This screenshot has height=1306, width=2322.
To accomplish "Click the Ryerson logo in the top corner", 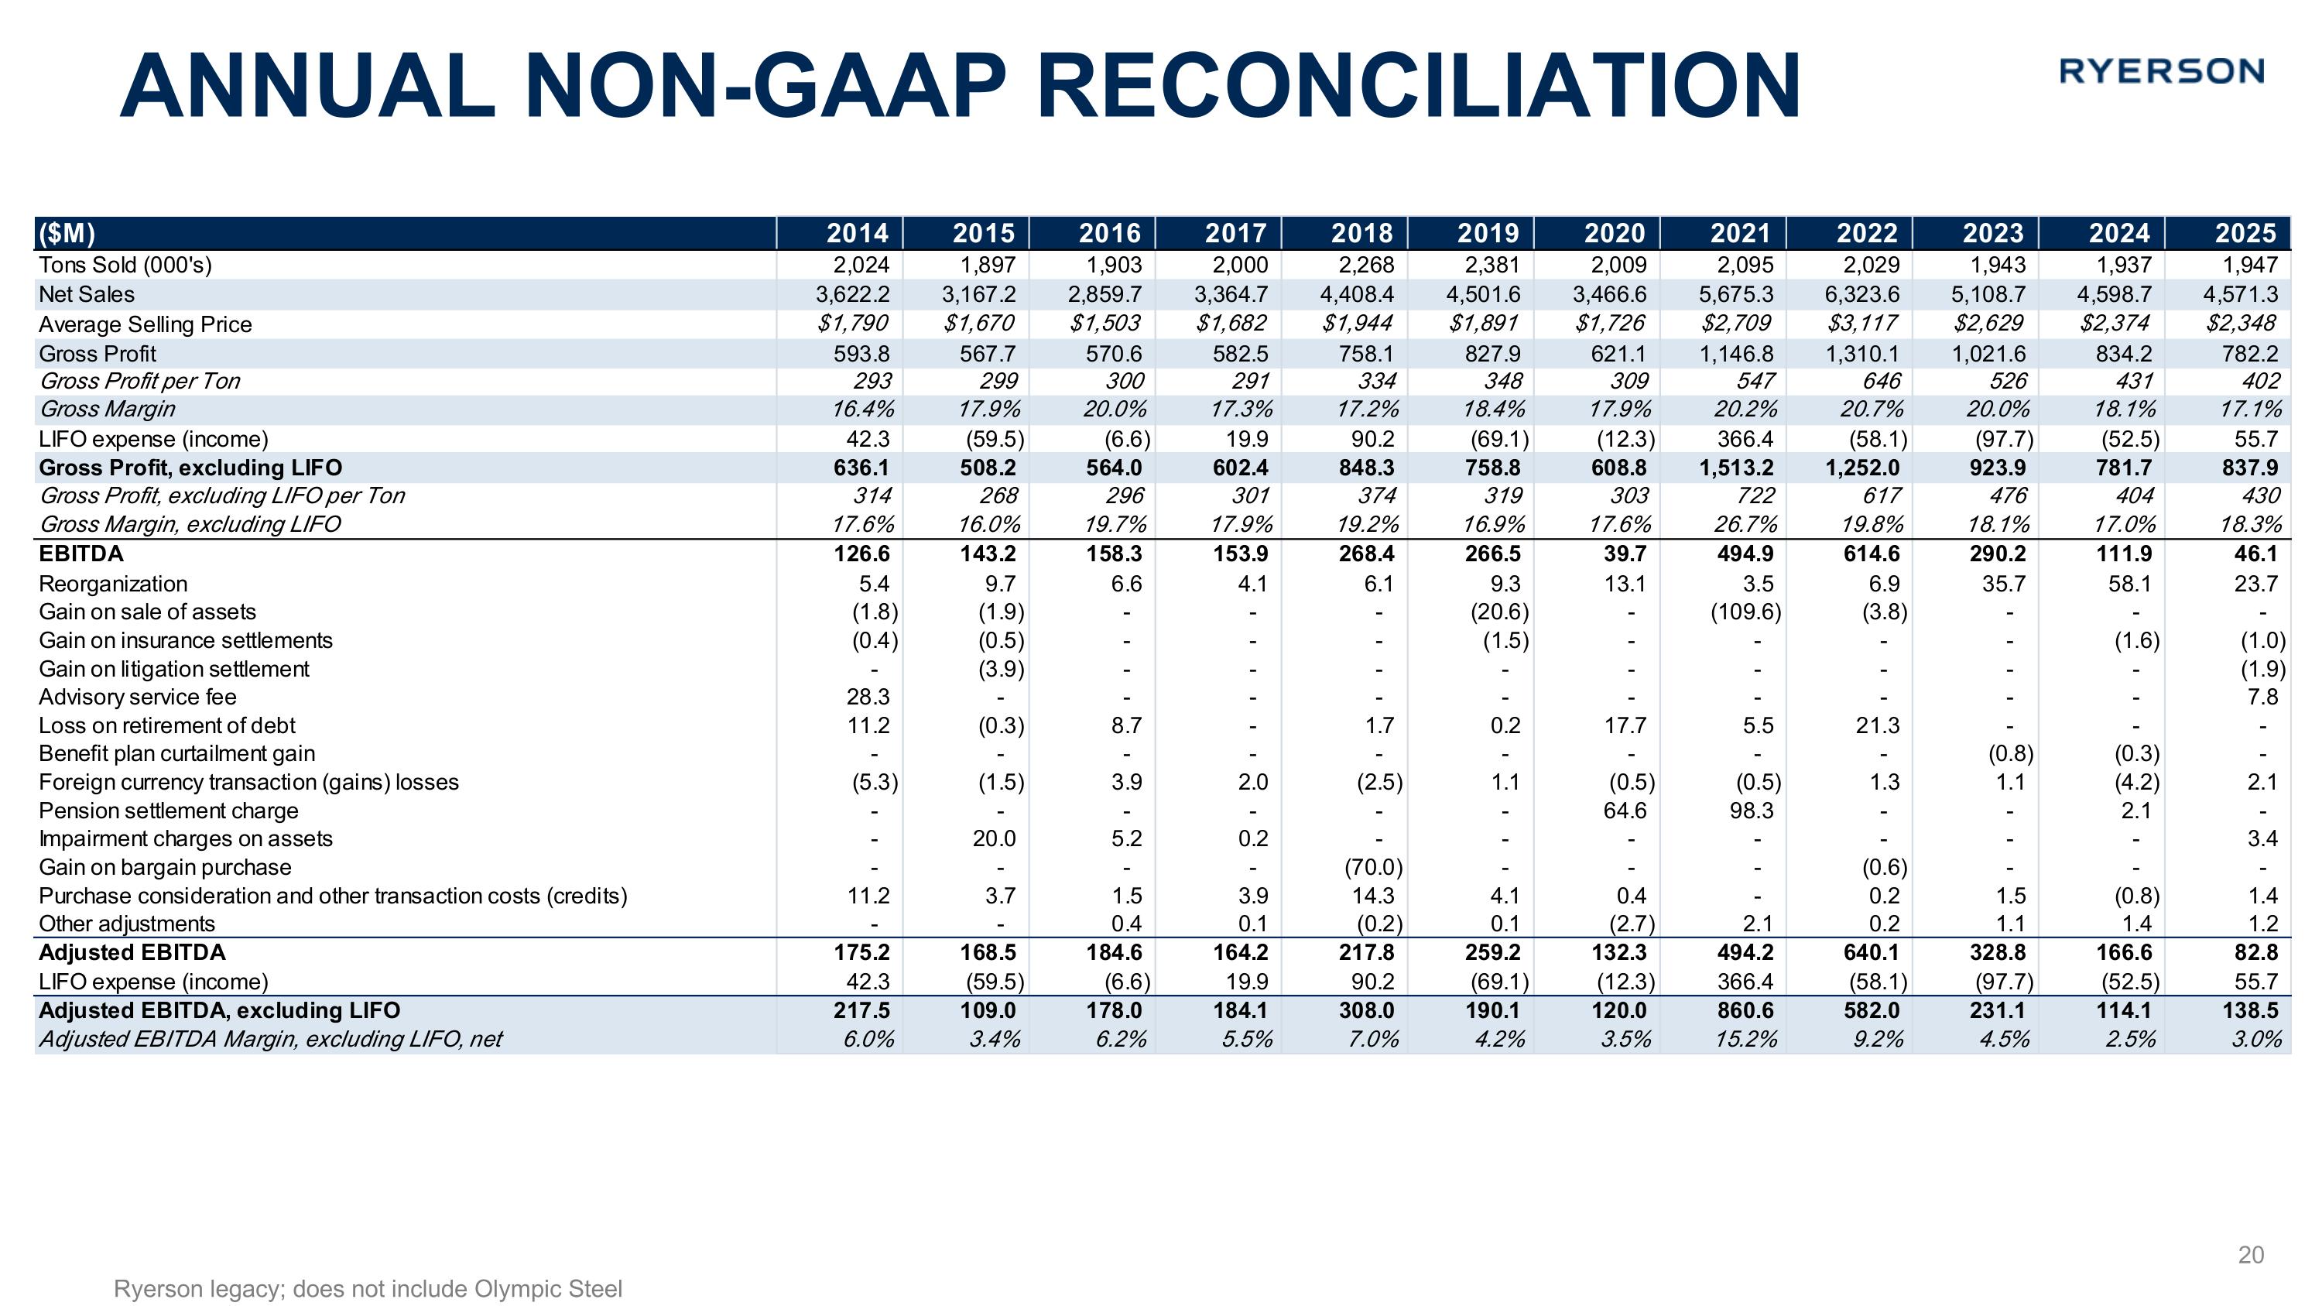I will coord(2161,71).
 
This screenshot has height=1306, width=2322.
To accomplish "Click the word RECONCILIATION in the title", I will coord(1418,87).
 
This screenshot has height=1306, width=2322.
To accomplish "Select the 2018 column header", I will coord(1361,234).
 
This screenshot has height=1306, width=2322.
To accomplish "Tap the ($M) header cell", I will coord(67,234).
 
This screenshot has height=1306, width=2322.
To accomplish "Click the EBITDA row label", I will coord(81,554).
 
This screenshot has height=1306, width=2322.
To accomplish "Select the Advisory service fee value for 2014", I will coord(869,697).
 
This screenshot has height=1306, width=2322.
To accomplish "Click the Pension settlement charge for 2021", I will coord(1751,811).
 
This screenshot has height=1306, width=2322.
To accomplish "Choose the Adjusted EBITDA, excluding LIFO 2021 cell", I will coord(1744,1010).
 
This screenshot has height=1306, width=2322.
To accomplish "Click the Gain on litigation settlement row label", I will coord(174,669).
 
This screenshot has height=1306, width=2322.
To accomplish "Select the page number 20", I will coord(2250,1255).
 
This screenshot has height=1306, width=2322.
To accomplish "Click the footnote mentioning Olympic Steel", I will coord(368,1289).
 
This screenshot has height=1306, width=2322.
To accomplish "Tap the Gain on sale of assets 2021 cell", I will coord(1745,612).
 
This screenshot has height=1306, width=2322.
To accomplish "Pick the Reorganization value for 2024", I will coord(2129,584).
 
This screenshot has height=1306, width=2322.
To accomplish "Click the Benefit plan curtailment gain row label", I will coord(176,753).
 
